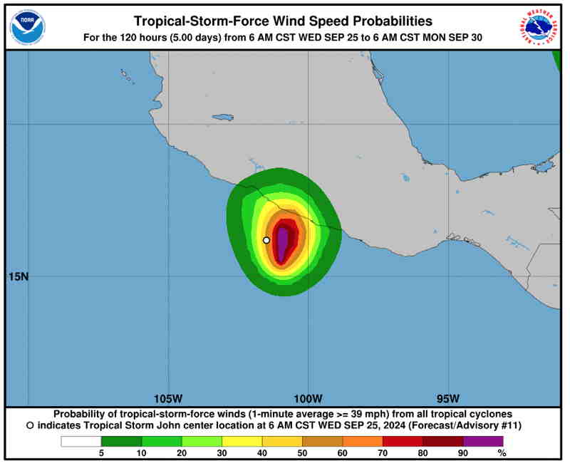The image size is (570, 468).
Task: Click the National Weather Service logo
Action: point(538,28)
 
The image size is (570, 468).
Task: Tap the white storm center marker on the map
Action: point(266,240)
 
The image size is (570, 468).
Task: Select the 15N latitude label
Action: point(18,276)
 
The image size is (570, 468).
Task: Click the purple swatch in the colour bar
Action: point(482,441)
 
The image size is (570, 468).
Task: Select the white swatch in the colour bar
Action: point(81,441)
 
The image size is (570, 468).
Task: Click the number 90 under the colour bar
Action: point(462,452)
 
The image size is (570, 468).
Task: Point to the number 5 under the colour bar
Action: point(100,452)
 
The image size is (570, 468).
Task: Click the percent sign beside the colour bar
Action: point(502,452)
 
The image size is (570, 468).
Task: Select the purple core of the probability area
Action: point(283,242)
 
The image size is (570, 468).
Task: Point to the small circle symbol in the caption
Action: point(29,425)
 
